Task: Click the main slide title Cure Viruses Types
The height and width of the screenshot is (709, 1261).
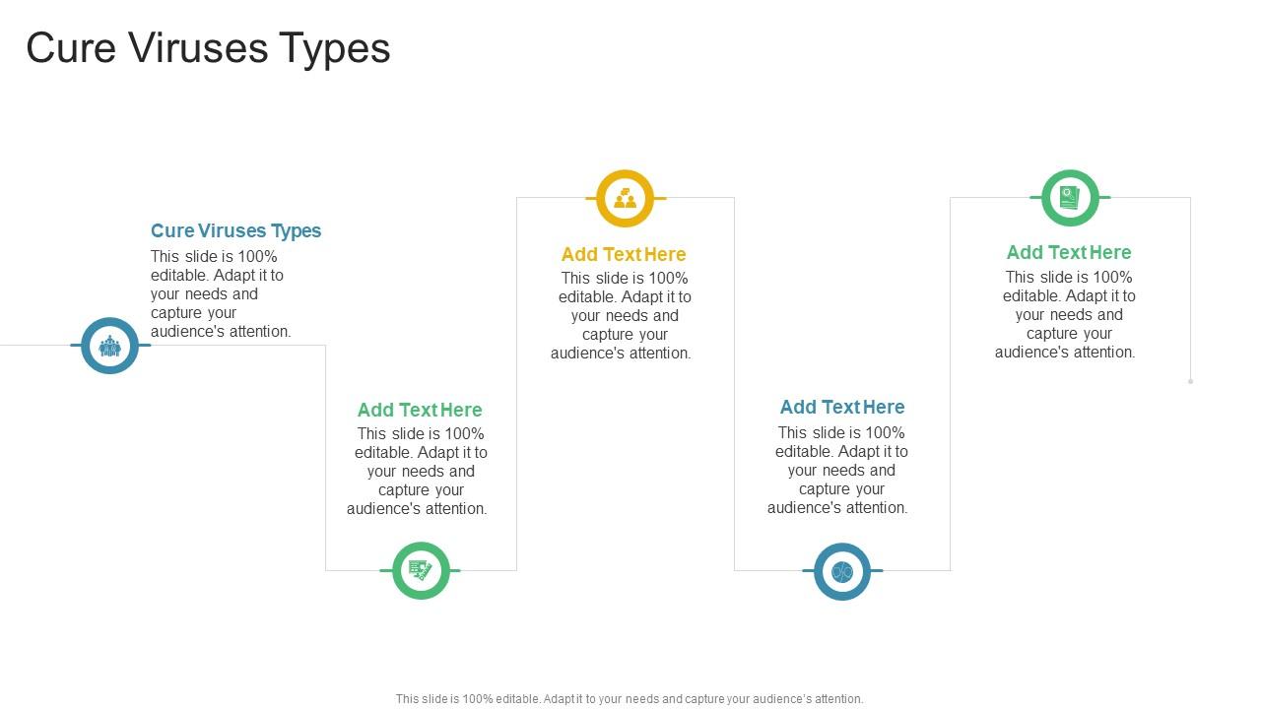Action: [x=208, y=48]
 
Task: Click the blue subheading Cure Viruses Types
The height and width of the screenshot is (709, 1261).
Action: [x=235, y=230]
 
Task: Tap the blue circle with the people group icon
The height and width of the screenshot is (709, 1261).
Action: [x=109, y=346]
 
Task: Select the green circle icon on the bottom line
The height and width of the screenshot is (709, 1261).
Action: [x=421, y=570]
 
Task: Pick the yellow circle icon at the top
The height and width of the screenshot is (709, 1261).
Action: [x=626, y=198]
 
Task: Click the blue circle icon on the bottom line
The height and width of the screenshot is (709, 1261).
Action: [x=842, y=571]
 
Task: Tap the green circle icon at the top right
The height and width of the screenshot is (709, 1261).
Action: [x=1070, y=198]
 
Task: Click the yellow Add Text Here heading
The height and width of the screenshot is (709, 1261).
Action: [x=624, y=254]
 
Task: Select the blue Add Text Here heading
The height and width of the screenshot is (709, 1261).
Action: [x=842, y=407]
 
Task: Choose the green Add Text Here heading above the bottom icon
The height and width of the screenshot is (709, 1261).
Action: [x=420, y=410]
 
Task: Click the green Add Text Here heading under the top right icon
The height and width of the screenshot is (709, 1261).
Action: [x=1069, y=252]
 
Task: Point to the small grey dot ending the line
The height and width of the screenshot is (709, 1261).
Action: [x=1190, y=381]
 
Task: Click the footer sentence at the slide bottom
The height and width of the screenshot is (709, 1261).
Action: [x=630, y=699]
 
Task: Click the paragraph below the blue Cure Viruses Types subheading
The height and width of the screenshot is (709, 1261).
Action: [x=220, y=293]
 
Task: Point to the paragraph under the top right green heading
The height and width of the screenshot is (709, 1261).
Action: [x=1066, y=314]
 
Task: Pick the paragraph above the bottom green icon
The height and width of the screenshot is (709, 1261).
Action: [x=418, y=471]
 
